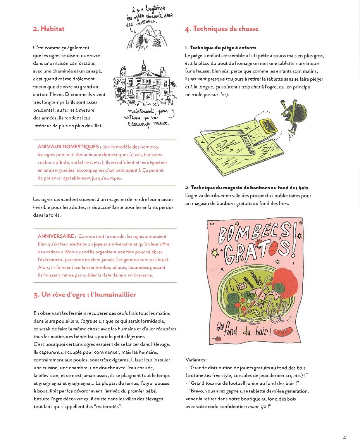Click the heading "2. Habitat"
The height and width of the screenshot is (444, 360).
tap(49, 29)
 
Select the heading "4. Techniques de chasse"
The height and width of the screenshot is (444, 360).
tap(222, 29)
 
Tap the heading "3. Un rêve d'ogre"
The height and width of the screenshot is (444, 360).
tap(84, 295)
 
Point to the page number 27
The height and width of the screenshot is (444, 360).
tap(344, 437)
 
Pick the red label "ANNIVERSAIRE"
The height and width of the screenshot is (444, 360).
tap(57, 236)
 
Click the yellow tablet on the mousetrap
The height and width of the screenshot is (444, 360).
tap(267, 125)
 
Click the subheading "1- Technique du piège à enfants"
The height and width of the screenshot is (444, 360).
tap(220, 48)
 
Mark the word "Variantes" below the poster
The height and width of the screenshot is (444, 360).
tap(196, 360)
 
